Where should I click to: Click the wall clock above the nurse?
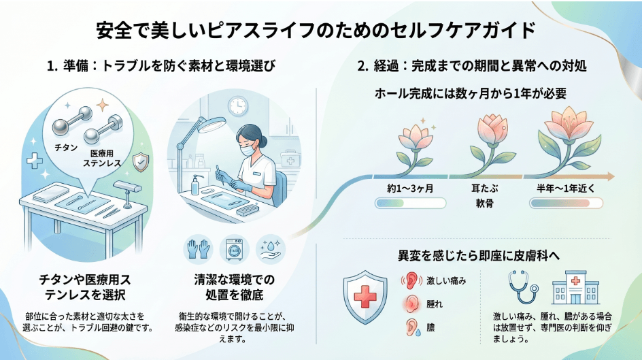pos(237,105)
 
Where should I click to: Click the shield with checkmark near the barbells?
pos(141,162)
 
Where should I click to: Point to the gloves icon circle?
pos(199,248)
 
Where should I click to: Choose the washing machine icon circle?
pos(233,248)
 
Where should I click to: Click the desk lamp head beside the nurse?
pos(211,124)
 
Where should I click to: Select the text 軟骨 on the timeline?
pos(488,203)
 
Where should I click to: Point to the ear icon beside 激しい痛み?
pos(411,280)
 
